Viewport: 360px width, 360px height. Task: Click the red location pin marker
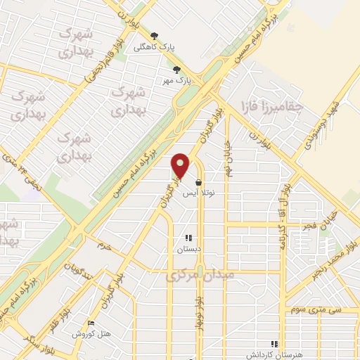pos(181,165)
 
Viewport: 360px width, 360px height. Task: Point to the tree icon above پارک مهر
pos(176,70)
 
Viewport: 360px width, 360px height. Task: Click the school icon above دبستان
pos(188,238)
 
